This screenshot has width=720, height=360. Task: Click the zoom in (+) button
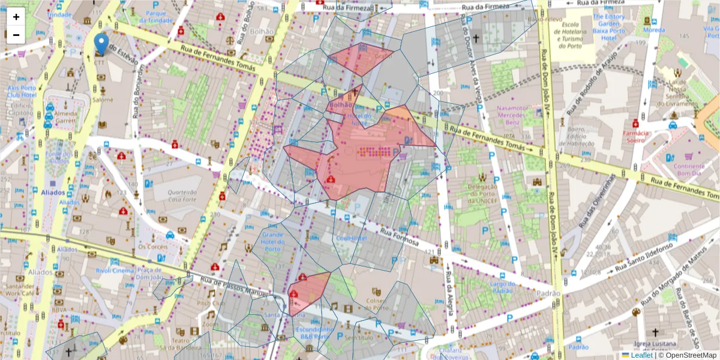click(16, 17)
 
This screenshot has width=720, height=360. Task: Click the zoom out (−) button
click(16, 35)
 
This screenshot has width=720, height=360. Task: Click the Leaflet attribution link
click(641, 355)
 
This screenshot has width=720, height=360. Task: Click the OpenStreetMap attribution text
click(688, 355)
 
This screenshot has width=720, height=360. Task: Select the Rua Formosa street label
click(398, 238)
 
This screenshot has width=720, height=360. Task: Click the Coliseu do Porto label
click(374, 304)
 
